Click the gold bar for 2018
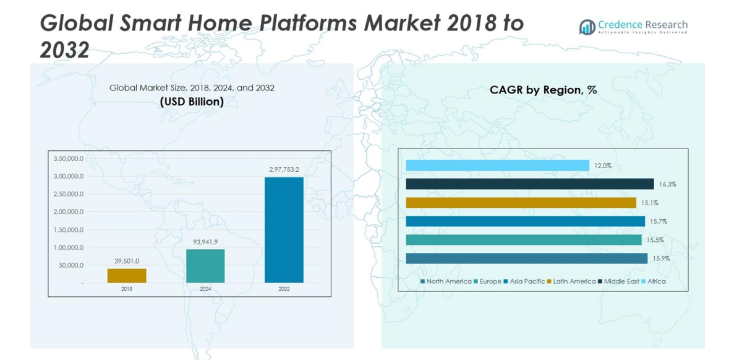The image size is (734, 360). pos(127,275)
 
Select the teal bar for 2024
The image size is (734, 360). pos(205,266)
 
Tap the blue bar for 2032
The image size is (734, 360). pos(284,230)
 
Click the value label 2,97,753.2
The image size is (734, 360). pos(284,169)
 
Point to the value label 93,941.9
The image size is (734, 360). pos(205,241)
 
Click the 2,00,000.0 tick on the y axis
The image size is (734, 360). pos(68,212)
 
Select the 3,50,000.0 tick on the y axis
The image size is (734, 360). pos(68,159)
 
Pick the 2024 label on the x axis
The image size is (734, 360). pos(205,289)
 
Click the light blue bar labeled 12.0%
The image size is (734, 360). pos(497,166)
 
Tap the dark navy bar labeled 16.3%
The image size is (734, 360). pos(529,184)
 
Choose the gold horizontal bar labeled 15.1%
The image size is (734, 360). pos(521,203)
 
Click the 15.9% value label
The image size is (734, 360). pos(661,259)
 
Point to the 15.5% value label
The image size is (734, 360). pos(655,240)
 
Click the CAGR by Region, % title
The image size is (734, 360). pos(543,90)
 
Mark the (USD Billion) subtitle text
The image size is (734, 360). pos(192,102)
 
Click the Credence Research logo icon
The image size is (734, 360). pos(587,27)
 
